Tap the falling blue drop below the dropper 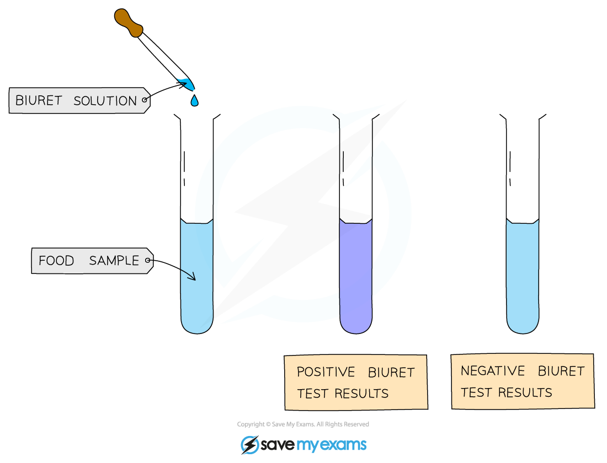pos(194,101)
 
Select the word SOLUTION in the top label pos(105,101)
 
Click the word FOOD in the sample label pos(56,261)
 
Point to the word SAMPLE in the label pos(114,261)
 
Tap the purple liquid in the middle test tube pos(356,276)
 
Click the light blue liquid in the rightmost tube pos(523,276)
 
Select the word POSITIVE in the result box pos(326,372)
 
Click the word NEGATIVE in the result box pos(493,371)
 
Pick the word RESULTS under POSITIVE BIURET pos(365,394)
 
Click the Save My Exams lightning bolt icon pos(249,445)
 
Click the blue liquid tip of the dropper pos(187,84)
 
